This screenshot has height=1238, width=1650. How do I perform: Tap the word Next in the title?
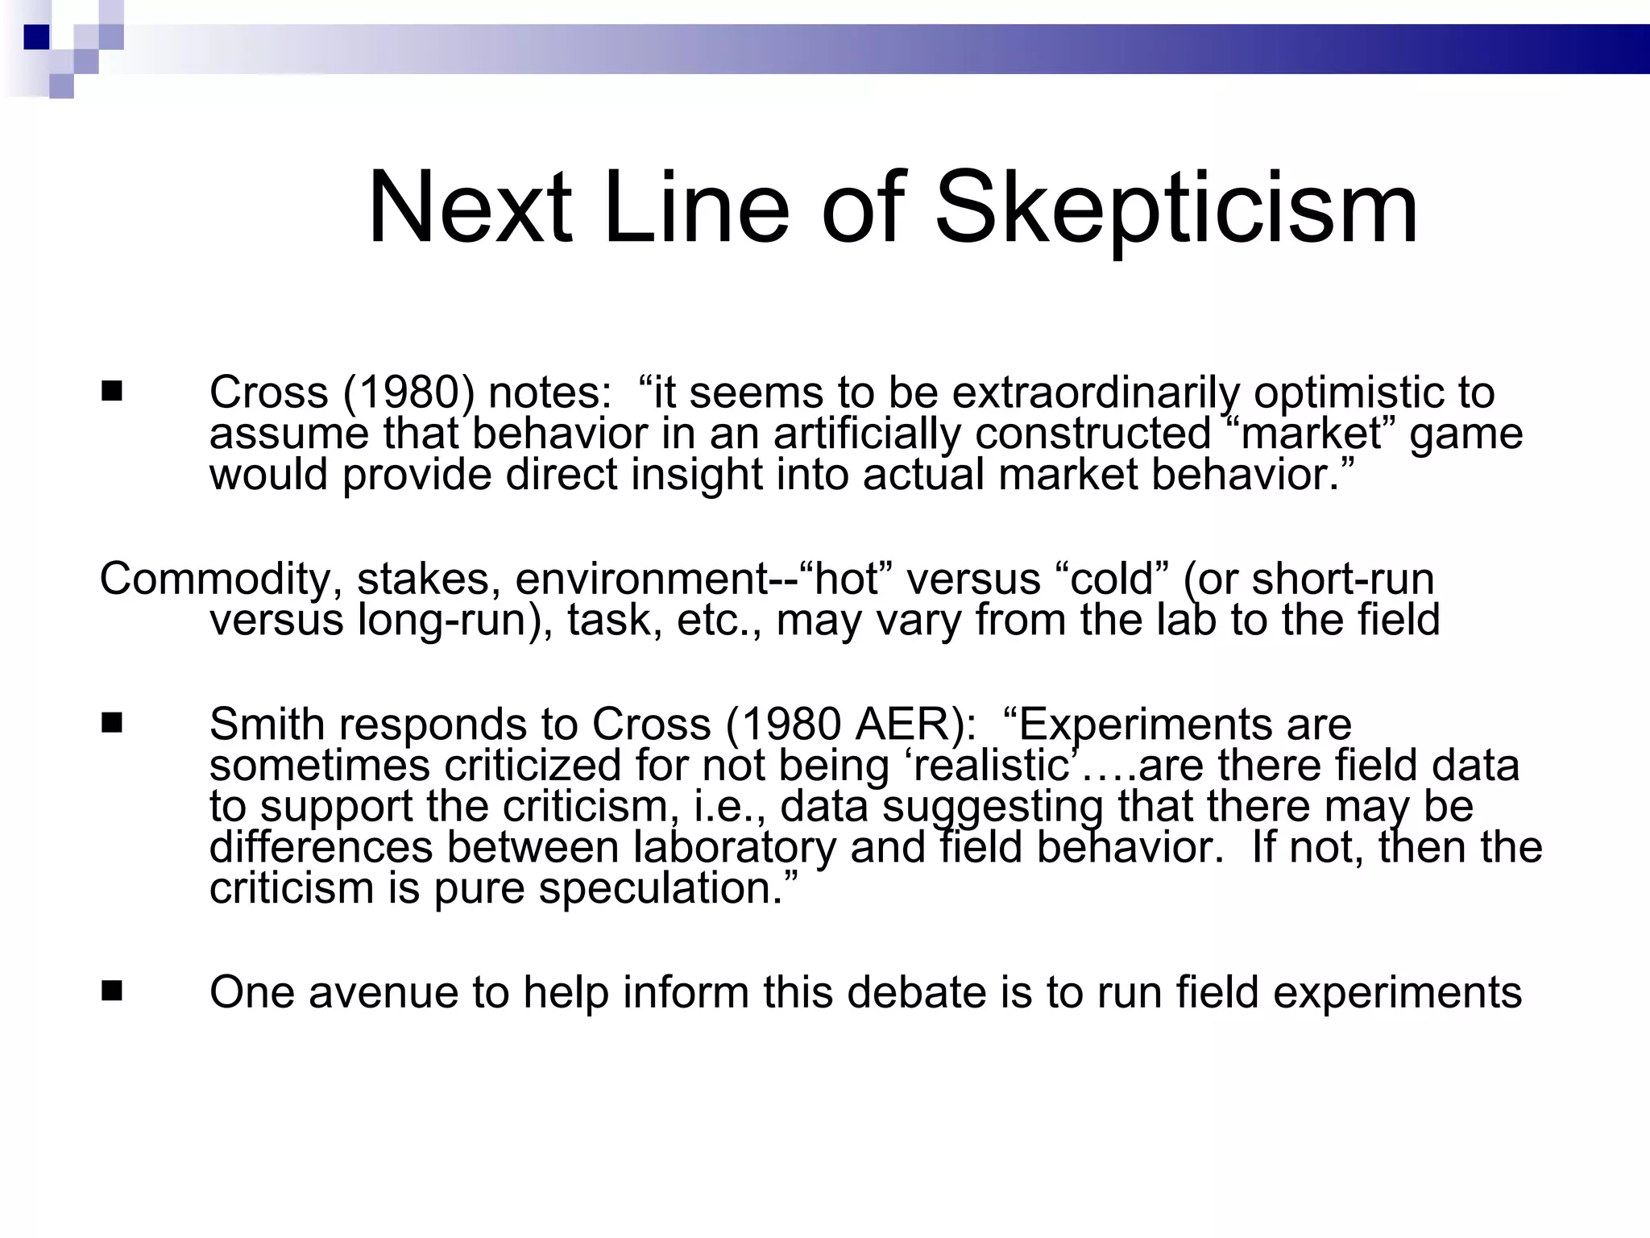coord(470,208)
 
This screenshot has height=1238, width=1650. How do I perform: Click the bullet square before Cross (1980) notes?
coord(112,392)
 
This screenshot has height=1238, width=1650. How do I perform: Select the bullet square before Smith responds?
coord(112,723)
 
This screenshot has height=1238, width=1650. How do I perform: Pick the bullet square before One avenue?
coord(112,991)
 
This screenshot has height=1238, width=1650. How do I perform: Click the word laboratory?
coord(735,847)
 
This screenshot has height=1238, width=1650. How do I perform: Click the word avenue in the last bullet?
coord(383,992)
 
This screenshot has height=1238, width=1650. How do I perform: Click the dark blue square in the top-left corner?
coord(36,37)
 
